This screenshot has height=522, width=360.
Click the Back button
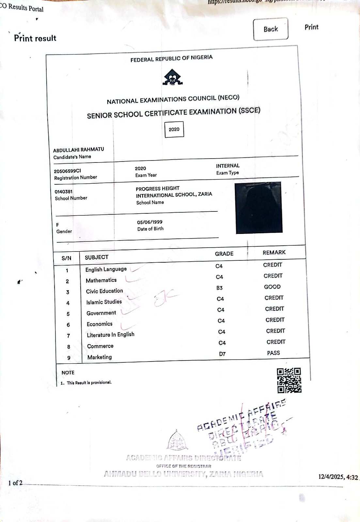point(271,29)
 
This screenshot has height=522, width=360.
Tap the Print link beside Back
point(311,27)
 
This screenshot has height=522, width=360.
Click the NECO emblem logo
point(173,78)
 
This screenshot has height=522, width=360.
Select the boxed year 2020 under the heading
point(174,129)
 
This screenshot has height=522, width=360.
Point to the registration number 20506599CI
point(68,171)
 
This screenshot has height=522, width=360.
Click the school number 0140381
point(64,192)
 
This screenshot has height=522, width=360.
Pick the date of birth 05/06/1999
point(149,222)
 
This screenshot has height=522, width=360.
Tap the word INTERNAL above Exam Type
point(227,166)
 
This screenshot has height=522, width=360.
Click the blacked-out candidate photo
point(258,207)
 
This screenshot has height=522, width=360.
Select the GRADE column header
point(224,254)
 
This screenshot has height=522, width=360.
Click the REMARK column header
point(274,253)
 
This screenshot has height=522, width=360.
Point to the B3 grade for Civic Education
point(219,288)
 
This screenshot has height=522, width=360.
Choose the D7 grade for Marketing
point(222,354)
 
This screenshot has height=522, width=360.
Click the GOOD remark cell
point(272,287)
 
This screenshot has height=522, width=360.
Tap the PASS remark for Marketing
point(273,353)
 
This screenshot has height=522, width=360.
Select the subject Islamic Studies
point(104,302)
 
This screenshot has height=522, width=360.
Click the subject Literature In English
point(110,335)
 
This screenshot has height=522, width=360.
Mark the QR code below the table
point(289,380)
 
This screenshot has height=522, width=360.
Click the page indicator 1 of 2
point(15,483)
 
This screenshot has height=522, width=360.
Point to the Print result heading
point(35,38)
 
